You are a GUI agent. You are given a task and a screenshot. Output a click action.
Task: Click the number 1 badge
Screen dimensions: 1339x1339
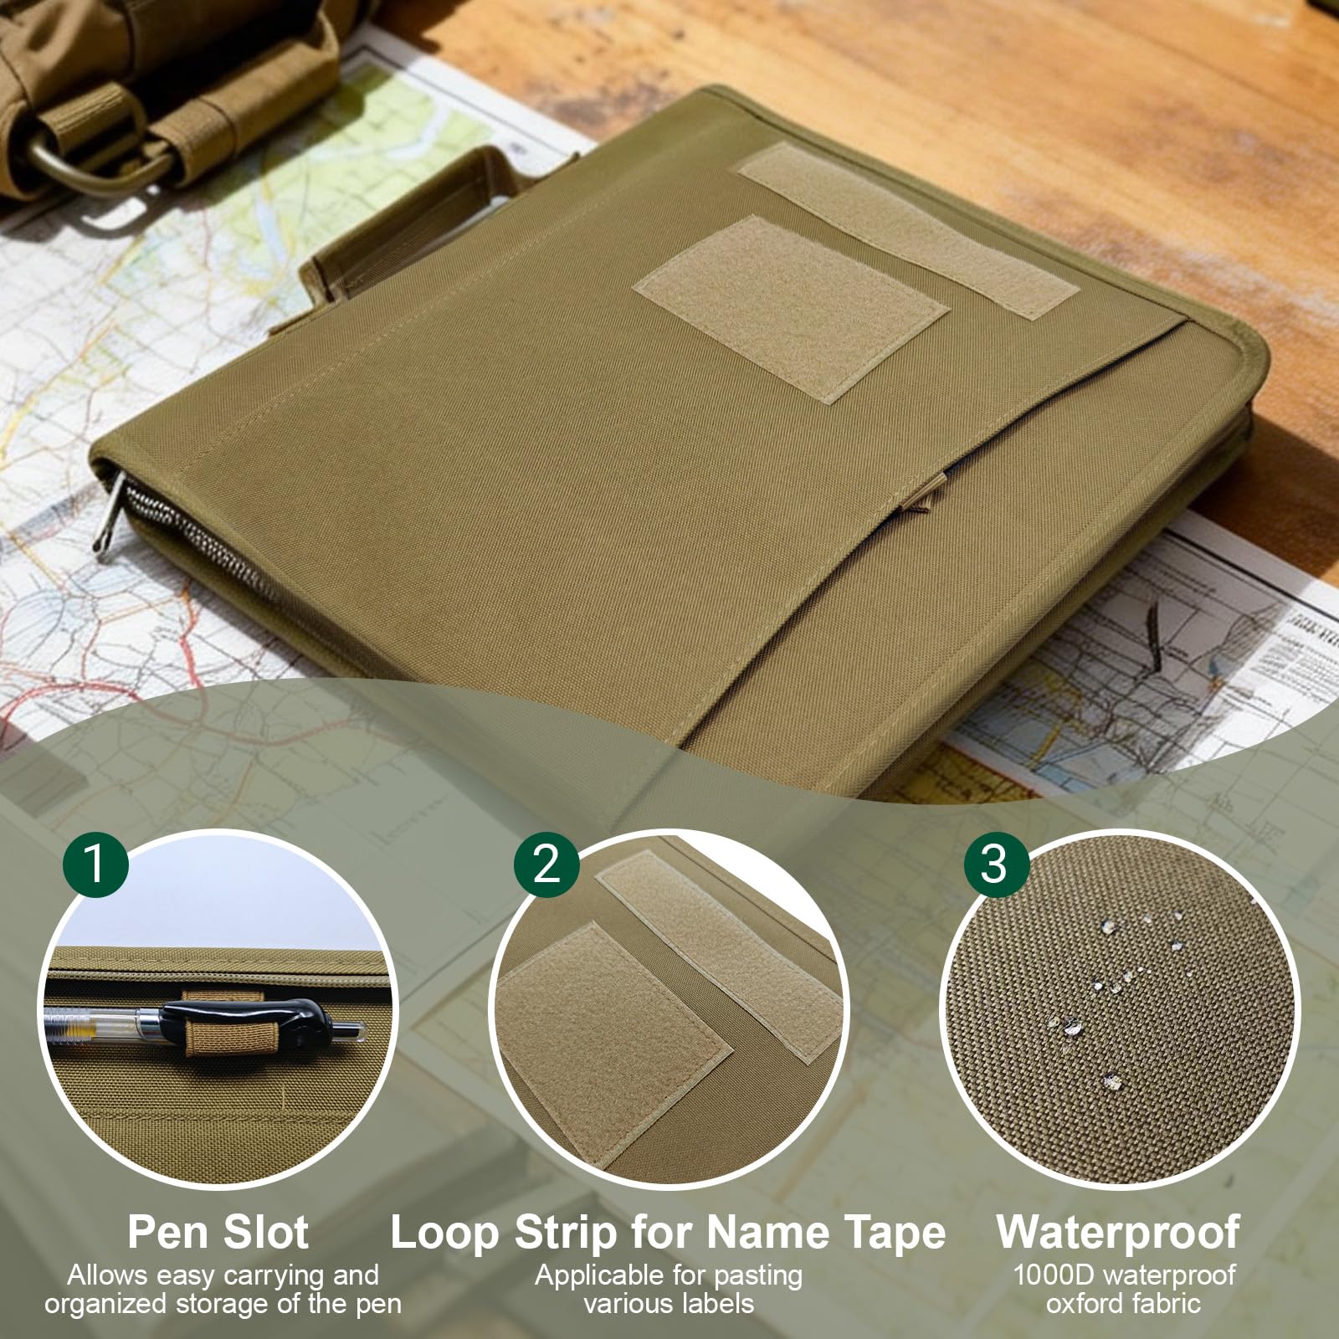click(95, 862)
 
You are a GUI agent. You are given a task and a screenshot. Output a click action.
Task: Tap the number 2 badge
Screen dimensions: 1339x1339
click(546, 862)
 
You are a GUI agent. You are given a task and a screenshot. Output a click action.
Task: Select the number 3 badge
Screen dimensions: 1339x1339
click(995, 862)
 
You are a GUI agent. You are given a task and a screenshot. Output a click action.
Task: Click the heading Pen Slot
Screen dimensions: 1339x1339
click(218, 1232)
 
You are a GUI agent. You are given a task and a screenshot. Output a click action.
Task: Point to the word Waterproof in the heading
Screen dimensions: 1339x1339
click(1118, 1232)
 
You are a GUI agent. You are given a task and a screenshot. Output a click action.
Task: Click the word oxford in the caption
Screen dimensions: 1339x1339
click(1085, 1304)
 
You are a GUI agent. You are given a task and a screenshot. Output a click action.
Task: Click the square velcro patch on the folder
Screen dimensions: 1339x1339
click(792, 308)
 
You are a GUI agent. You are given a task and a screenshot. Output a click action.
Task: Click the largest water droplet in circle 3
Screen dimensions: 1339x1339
click(1111, 1081)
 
